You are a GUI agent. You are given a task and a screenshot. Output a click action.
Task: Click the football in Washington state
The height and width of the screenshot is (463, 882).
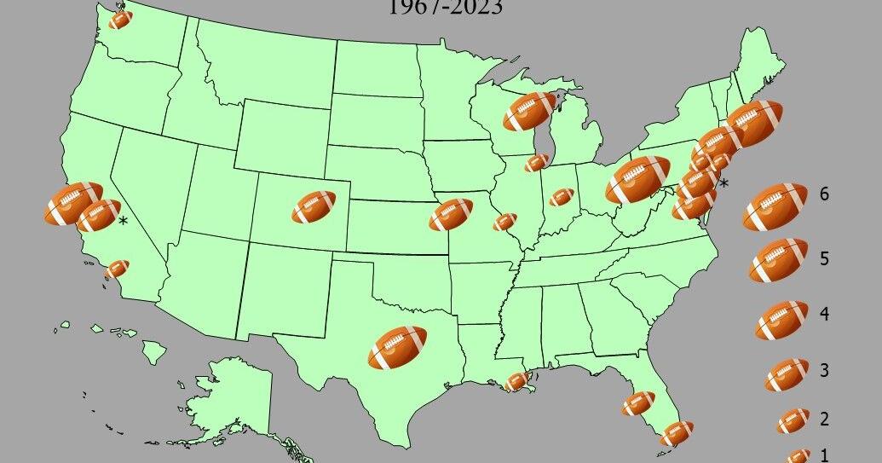click(121, 18)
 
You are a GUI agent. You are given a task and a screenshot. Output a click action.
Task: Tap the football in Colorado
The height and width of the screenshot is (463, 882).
click(314, 207)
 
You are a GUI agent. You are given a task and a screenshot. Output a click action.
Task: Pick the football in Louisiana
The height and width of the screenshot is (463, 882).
click(516, 381)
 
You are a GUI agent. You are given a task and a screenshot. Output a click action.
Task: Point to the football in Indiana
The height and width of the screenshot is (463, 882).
click(562, 197)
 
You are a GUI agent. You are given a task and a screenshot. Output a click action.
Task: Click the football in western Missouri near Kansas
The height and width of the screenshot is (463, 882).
click(451, 214)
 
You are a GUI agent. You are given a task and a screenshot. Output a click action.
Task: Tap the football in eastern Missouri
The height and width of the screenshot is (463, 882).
click(504, 223)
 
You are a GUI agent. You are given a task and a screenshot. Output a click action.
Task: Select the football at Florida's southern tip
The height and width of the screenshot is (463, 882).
click(676, 433)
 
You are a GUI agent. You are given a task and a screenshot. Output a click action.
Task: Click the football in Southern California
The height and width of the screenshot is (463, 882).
click(117, 269)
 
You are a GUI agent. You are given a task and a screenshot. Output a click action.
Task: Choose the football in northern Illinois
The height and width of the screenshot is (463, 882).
click(537, 162)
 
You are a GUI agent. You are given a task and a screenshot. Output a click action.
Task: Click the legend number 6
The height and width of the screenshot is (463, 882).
click(824, 194)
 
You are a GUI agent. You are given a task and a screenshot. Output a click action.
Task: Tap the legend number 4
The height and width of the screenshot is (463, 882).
click(824, 314)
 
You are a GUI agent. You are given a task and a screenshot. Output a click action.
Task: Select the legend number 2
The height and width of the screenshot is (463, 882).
click(824, 419)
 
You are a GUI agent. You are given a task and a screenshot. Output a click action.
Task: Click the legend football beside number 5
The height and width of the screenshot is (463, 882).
click(778, 260)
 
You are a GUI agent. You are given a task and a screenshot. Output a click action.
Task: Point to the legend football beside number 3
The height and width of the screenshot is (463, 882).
click(786, 374)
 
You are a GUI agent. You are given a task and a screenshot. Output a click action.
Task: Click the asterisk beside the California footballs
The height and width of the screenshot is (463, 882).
click(124, 223)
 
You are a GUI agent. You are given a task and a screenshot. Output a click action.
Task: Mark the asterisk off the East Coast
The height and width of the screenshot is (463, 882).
click(724, 183)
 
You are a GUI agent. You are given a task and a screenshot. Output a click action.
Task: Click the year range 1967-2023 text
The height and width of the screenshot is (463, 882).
click(445, 9)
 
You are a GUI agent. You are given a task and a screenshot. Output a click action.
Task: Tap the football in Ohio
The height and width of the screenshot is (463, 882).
click(637, 179)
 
